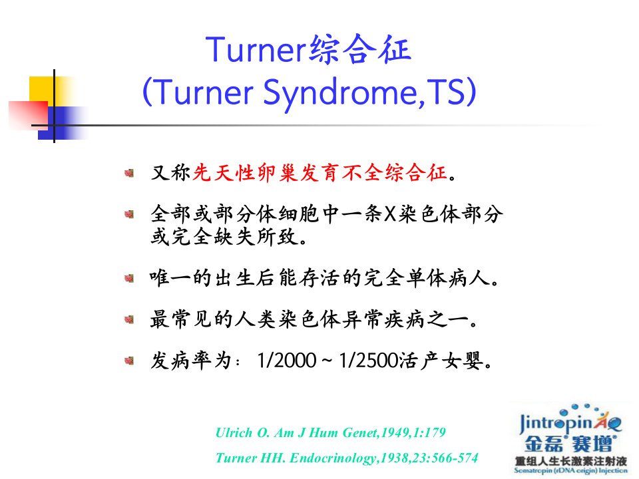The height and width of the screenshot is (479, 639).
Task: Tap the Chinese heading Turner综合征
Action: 308,49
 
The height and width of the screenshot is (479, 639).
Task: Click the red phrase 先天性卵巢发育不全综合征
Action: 320,173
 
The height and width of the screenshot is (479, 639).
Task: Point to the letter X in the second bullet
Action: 390,214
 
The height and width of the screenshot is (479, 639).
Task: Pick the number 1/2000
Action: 286,361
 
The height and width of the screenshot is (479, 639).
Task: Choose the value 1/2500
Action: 368,361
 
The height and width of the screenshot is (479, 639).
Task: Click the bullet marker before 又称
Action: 129,174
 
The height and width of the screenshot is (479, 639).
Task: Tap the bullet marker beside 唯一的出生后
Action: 129,279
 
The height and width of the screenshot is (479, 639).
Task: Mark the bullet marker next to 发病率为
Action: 129,361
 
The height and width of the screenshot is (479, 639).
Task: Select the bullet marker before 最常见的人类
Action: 129,319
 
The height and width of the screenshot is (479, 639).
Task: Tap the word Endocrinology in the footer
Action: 333,458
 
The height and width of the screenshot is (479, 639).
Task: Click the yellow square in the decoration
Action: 43,90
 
